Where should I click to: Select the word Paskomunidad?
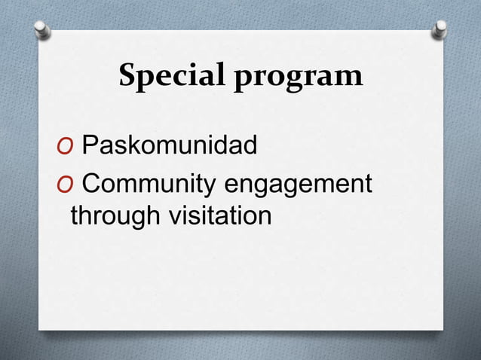[169, 144]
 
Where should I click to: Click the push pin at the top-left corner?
[43, 29]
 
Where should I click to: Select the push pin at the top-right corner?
[440, 29]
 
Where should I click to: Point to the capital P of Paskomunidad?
[89, 144]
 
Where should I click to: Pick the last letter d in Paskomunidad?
[250, 144]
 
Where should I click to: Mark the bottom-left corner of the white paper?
[40, 328]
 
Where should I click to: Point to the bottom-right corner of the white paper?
[443, 328]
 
